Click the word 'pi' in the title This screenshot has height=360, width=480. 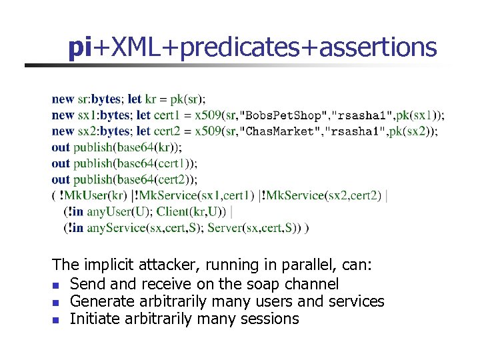pyautogui.click(x=79, y=48)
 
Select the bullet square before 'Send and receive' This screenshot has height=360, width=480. pyautogui.click(x=56, y=285)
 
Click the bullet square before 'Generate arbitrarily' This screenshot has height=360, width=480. pyautogui.click(x=56, y=302)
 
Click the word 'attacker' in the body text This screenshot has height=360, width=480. pyautogui.click(x=165, y=265)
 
